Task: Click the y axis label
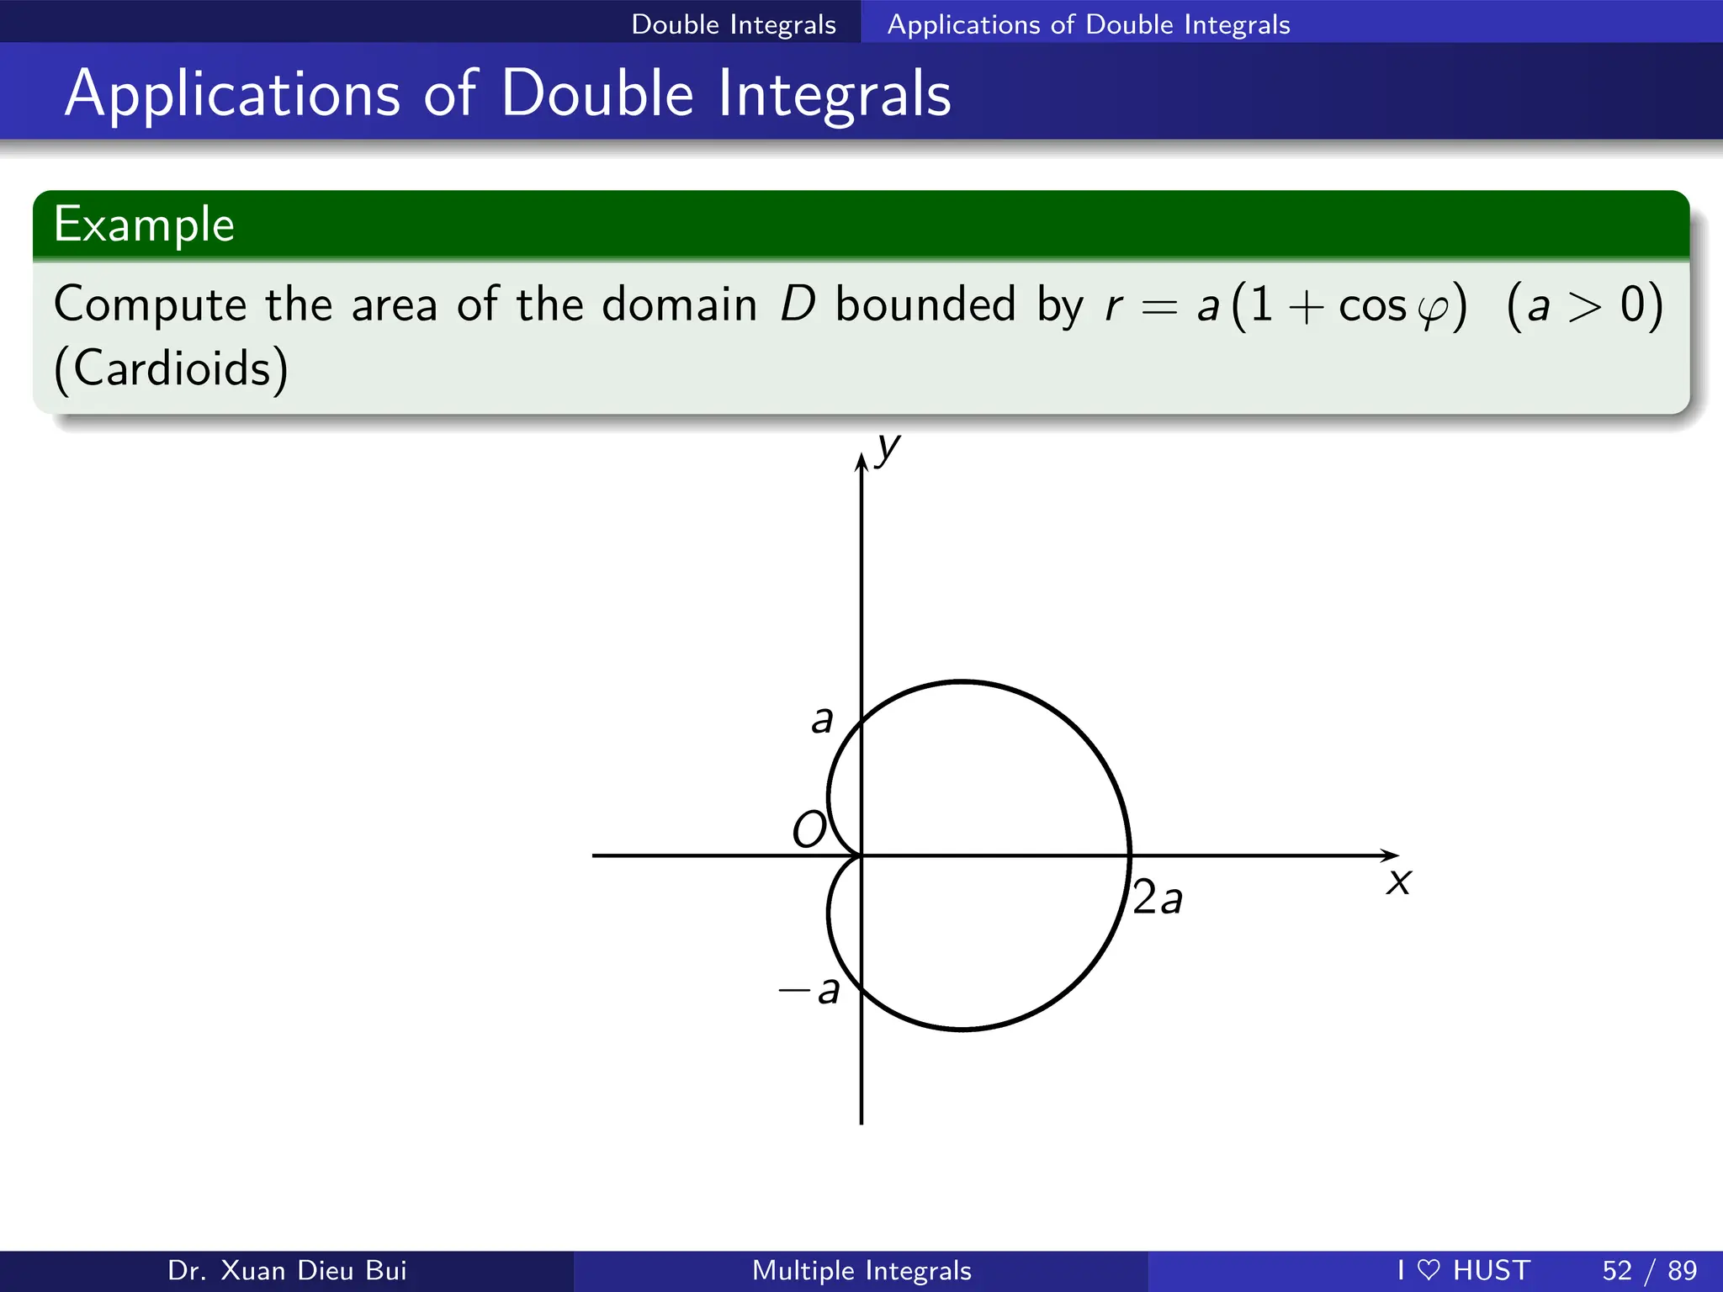(888, 449)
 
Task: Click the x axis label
(1398, 882)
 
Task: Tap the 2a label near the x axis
(1158, 897)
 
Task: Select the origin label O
(809, 829)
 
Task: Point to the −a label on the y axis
(809, 990)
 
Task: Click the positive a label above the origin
(822, 720)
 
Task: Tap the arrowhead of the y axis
(861, 462)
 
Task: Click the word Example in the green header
(144, 225)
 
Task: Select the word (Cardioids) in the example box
(172, 368)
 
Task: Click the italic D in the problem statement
(798, 304)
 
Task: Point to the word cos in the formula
(1372, 305)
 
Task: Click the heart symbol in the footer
(1429, 1269)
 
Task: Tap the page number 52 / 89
(1649, 1270)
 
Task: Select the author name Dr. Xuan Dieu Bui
(287, 1270)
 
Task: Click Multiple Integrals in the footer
(861, 1270)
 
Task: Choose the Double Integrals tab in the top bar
(734, 24)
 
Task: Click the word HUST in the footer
(1492, 1270)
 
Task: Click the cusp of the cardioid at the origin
(861, 855)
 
